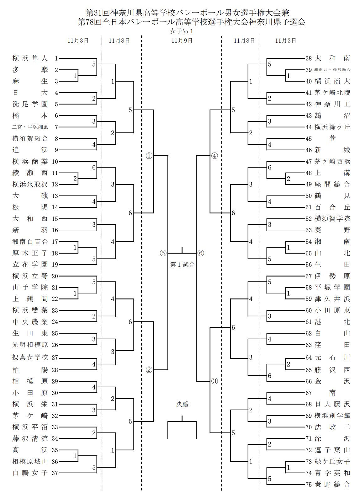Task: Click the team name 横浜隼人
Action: (30, 58)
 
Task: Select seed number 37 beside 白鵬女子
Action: (55, 473)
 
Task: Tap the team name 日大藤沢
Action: (332, 404)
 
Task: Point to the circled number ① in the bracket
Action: (149, 156)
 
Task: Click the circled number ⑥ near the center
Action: (201, 253)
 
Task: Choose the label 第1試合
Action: (182, 265)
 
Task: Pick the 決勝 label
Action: (182, 405)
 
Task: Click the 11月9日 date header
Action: (182, 40)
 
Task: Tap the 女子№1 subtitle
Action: (182, 31)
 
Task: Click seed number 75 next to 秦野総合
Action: (309, 485)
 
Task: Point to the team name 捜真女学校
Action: (30, 358)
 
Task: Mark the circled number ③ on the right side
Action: (214, 381)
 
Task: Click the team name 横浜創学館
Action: (332, 416)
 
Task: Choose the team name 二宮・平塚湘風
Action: (30, 127)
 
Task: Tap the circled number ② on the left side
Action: (149, 370)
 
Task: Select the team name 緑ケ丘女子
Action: (332, 462)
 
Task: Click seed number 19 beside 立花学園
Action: (55, 265)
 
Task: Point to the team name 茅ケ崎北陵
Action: (332, 93)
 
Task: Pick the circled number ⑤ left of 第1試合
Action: (163, 253)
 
